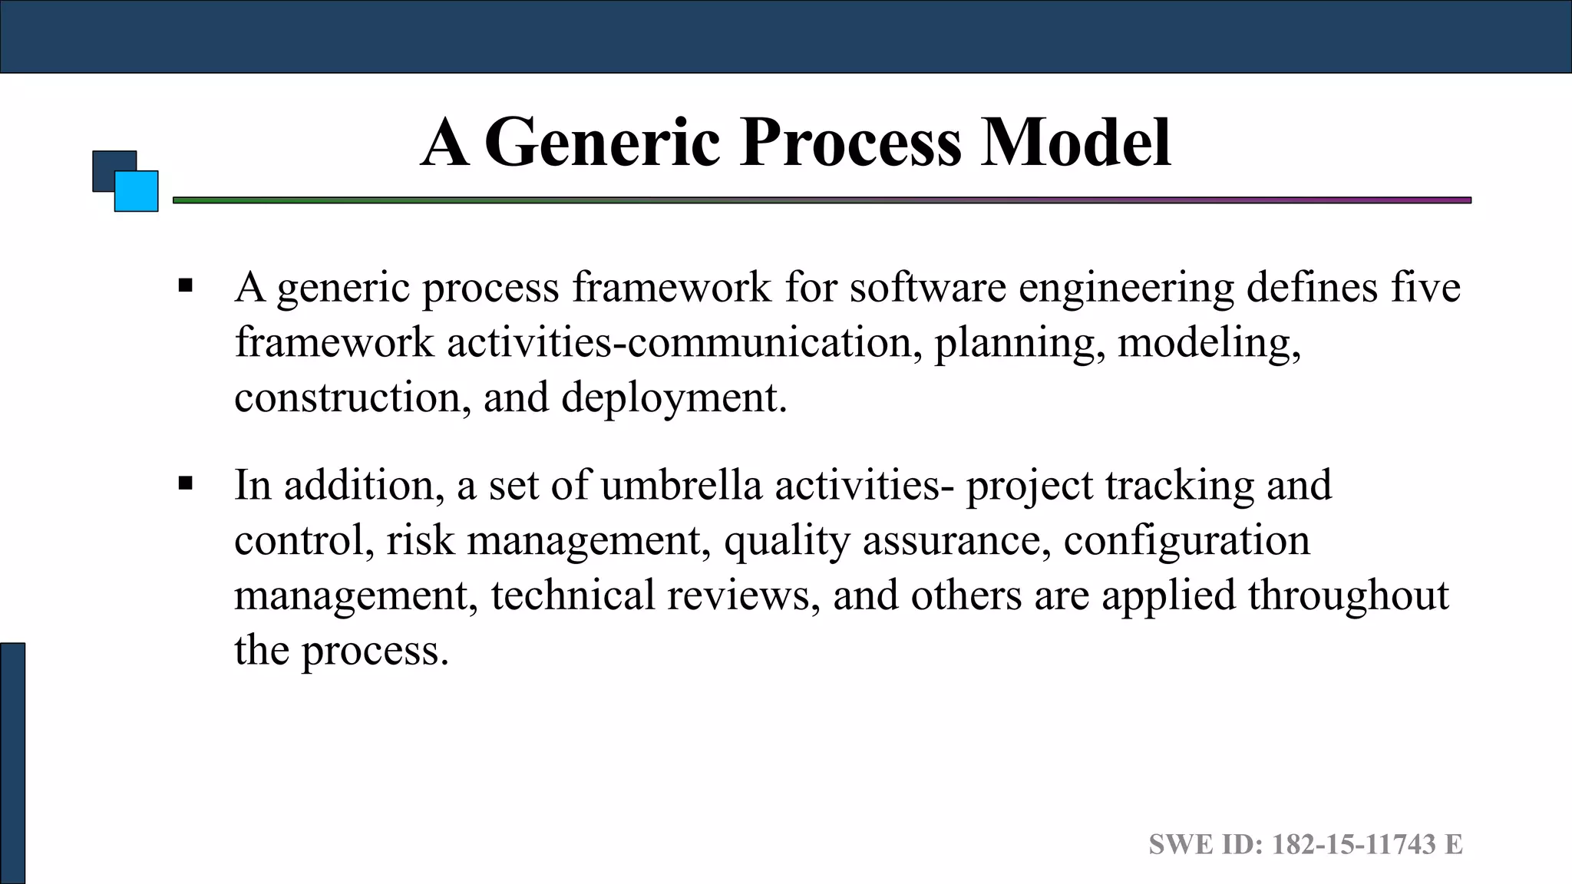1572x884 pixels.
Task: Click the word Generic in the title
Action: pyautogui.click(x=603, y=143)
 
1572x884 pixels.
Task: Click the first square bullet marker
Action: pyautogui.click(x=185, y=287)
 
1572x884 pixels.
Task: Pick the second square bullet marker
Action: pyautogui.click(x=185, y=484)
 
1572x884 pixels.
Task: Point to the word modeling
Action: pyautogui.click(x=1208, y=343)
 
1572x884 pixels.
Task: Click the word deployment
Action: pyautogui.click(x=673, y=398)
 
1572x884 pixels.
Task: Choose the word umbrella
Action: pyautogui.click(x=681, y=486)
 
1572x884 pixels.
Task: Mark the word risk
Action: pyautogui.click(x=420, y=540)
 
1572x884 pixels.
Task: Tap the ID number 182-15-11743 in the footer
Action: pyautogui.click(x=1353, y=845)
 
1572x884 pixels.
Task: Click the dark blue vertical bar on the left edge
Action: pyautogui.click(x=12, y=763)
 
